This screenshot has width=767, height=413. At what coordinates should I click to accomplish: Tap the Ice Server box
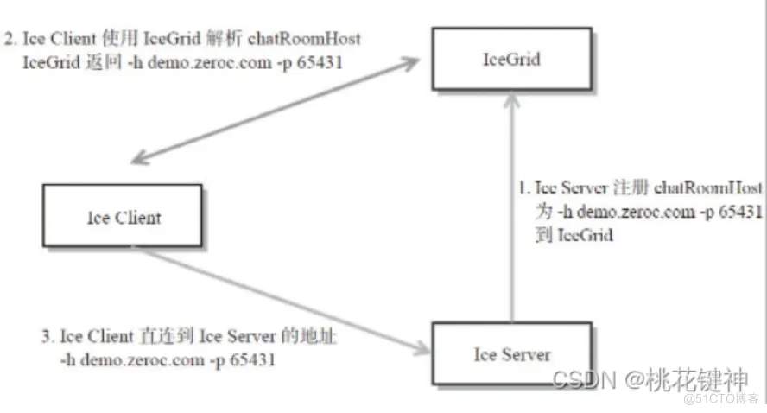(x=512, y=353)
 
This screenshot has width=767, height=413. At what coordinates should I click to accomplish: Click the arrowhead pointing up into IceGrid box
(x=512, y=99)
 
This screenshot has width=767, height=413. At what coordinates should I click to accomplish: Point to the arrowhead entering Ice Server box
(x=423, y=348)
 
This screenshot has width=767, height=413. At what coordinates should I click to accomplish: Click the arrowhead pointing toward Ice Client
(x=137, y=159)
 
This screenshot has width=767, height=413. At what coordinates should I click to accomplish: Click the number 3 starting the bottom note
(x=44, y=335)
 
